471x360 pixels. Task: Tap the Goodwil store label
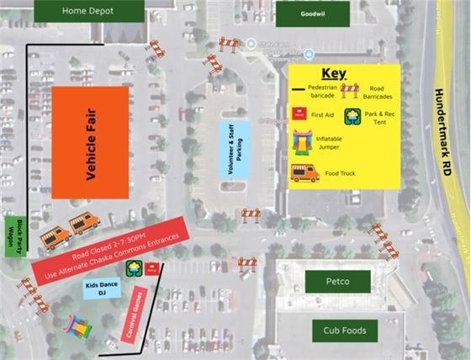pos(301,14)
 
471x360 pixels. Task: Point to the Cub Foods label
pos(344,331)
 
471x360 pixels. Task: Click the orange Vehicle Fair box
pos(90,142)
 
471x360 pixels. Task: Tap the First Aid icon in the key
pos(297,114)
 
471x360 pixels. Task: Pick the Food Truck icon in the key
pos(304,173)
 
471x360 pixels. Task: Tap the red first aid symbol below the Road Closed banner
pos(151,269)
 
